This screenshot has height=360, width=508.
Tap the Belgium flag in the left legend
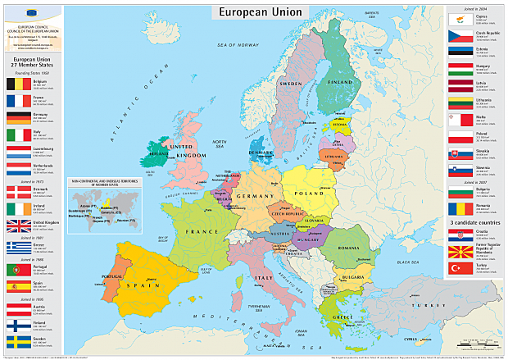click(x=16, y=84)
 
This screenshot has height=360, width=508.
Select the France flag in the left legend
click(x=16, y=101)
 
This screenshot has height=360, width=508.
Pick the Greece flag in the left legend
click(x=16, y=247)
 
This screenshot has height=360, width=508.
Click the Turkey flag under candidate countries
click(x=458, y=269)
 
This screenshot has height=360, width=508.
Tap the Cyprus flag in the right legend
click(x=458, y=19)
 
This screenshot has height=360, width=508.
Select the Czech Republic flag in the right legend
click(x=458, y=35)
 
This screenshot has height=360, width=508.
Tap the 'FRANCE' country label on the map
click(x=201, y=232)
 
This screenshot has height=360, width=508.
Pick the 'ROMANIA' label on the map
click(x=347, y=247)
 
